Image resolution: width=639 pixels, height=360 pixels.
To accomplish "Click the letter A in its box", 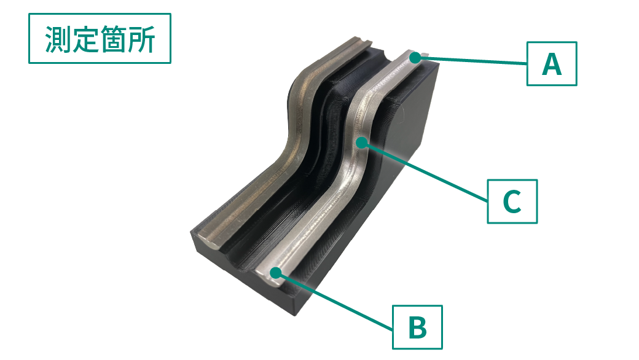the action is coord(552,65).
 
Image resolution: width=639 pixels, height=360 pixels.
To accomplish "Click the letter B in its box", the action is coord(417,328).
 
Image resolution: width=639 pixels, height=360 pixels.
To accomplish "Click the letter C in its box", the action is coord(512,202).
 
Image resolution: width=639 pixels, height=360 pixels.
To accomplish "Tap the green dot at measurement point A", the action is coord(415,58).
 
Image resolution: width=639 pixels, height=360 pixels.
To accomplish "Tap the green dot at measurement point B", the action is coord(276,273).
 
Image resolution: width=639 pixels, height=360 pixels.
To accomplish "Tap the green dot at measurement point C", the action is coord(361,143).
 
